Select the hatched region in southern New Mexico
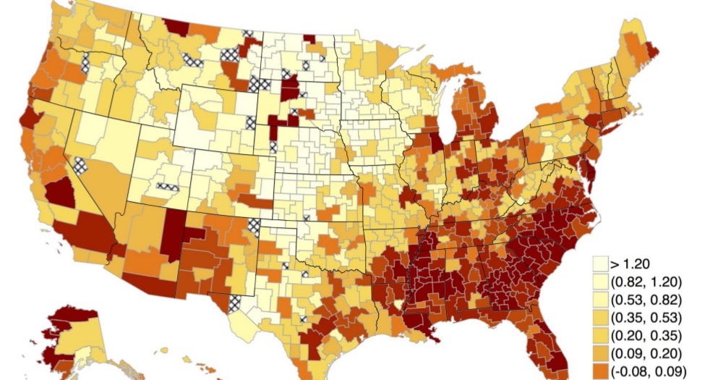click(x=236, y=303)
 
